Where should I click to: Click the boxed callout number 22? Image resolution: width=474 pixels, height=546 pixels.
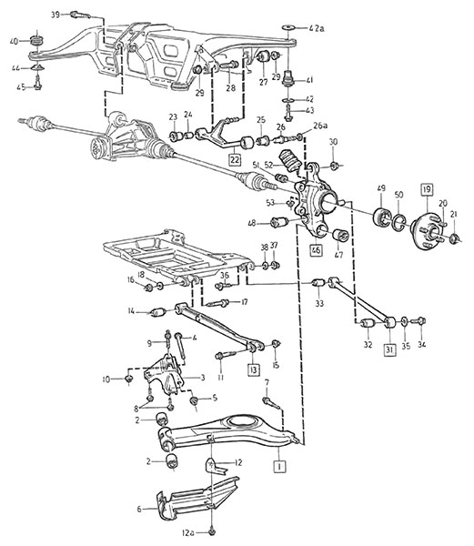pyautogui.click(x=235, y=159)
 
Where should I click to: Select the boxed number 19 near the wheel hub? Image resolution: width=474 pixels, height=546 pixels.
pyautogui.click(x=427, y=189)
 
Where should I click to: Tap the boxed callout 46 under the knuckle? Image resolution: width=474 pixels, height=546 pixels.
pyautogui.click(x=317, y=250)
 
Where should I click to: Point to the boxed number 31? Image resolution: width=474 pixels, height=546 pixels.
pyautogui.click(x=389, y=349)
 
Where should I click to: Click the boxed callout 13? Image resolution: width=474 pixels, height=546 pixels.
pyautogui.click(x=254, y=369)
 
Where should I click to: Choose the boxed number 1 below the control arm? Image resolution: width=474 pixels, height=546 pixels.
pyautogui.click(x=280, y=466)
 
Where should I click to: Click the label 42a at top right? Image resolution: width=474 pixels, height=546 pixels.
pyautogui.click(x=316, y=28)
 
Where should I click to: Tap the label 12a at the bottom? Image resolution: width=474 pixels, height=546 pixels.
pyautogui.click(x=188, y=533)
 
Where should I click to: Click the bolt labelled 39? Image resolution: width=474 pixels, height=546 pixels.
pyautogui.click(x=80, y=15)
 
